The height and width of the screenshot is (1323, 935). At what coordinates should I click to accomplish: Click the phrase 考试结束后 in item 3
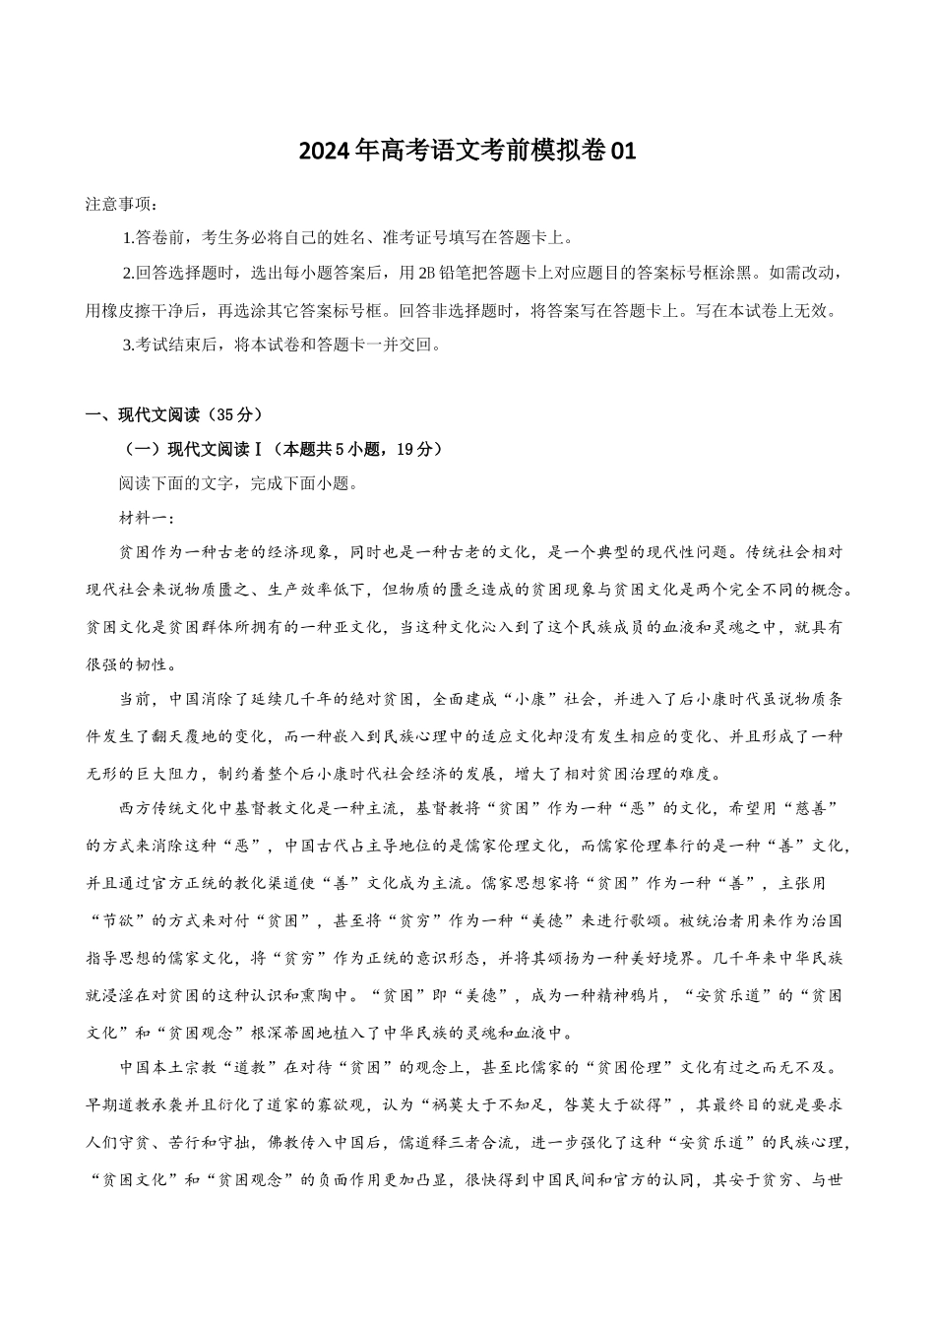pos(174,346)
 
